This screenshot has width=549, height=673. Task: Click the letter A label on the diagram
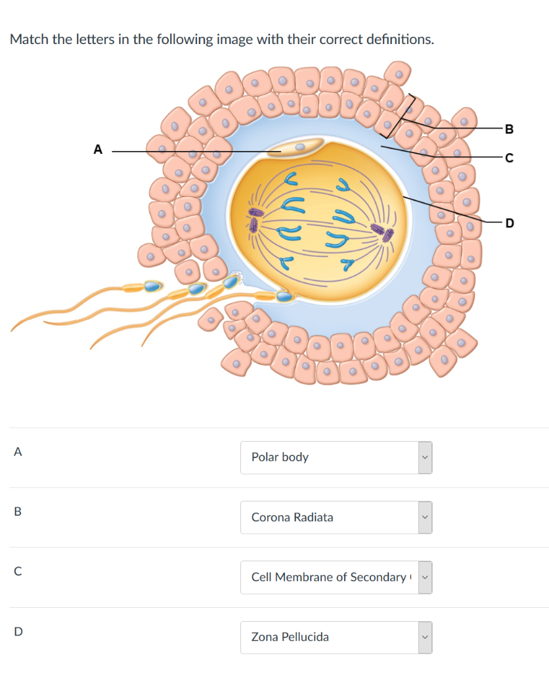click(98, 150)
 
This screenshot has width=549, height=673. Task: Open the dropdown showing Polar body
click(336, 457)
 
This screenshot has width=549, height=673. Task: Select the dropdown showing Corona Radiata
click(336, 517)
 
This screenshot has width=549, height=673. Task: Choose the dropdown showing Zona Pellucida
click(336, 637)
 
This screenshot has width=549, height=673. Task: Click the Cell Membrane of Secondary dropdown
click(336, 577)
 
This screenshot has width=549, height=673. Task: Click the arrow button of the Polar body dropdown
click(425, 457)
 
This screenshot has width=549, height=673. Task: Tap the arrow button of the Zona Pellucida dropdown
click(425, 637)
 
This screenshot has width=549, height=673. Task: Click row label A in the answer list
click(18, 452)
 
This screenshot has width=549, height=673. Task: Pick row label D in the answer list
click(18, 632)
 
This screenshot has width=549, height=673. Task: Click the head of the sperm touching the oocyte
click(284, 296)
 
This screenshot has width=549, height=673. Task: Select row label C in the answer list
click(18, 572)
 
